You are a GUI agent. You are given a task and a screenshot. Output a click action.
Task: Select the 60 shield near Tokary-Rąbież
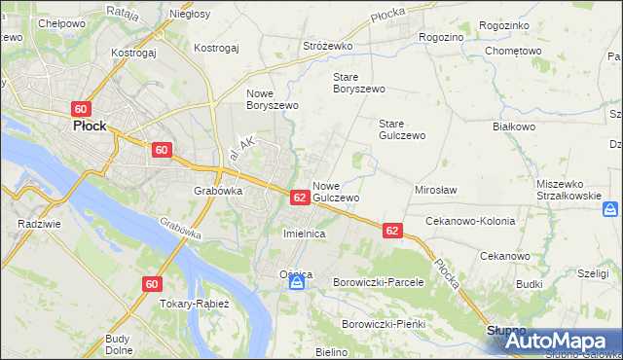click(x=151, y=284)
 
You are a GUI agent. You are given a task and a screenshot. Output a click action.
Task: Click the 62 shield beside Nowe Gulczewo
click(x=300, y=198)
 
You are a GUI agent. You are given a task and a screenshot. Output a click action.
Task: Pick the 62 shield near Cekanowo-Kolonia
click(x=391, y=231)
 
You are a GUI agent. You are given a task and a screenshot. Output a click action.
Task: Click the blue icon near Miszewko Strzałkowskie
click(x=610, y=208)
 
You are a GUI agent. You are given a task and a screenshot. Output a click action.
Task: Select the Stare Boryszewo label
click(x=359, y=83)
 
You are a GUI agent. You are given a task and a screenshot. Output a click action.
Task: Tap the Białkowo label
click(x=515, y=126)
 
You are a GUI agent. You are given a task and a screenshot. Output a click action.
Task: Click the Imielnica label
click(x=303, y=234)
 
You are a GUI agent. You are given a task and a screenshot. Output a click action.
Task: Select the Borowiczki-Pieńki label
click(x=385, y=323)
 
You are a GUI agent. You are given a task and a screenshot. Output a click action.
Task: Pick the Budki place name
click(x=530, y=284)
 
